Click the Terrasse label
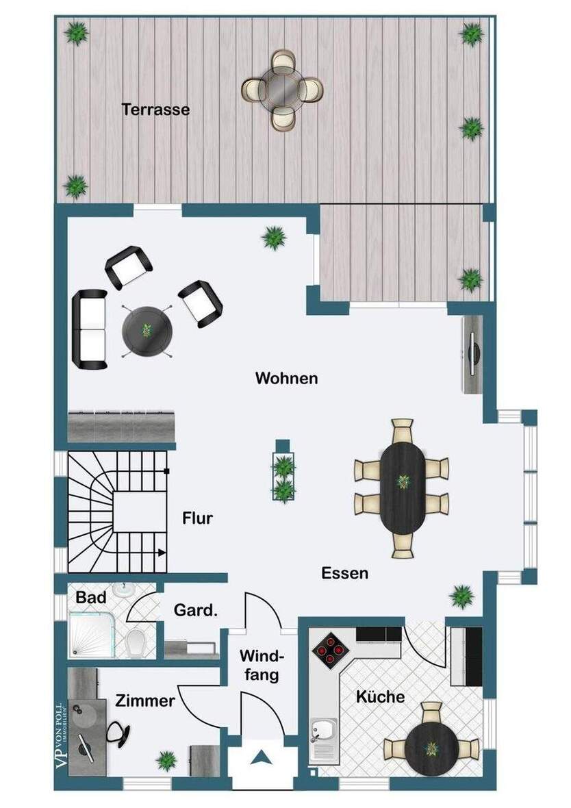pyautogui.click(x=155, y=109)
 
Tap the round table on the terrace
pyautogui.click(x=282, y=89)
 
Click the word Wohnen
pyautogui.click(x=286, y=378)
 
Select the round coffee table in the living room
pyautogui.click(x=147, y=330)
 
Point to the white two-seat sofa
pyautogui.click(x=90, y=329)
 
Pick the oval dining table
pyautogui.click(x=403, y=487)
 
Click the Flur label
pyautogui.click(x=197, y=518)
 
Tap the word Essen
pyautogui.click(x=344, y=573)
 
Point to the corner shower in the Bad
pyautogui.click(x=88, y=633)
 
